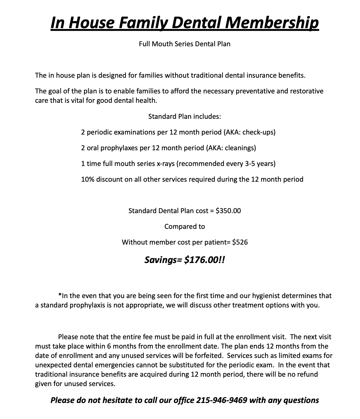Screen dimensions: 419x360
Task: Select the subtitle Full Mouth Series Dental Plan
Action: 185,44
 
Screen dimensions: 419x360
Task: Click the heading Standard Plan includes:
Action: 185,116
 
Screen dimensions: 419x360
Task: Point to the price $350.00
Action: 228,211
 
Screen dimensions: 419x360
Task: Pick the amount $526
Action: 240,242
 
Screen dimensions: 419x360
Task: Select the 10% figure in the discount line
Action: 87,179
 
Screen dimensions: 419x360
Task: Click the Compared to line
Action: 185,226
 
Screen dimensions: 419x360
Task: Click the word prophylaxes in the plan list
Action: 119,148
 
